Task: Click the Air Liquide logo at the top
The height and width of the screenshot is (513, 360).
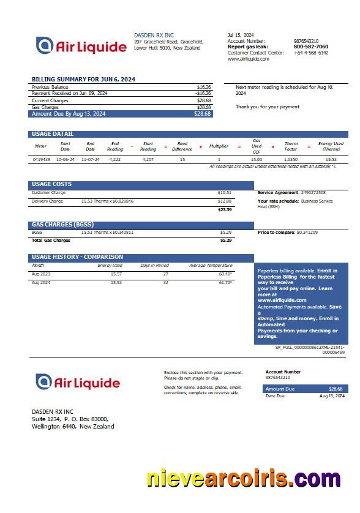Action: [81, 45]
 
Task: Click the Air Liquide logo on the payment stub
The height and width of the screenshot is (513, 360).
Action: [77, 382]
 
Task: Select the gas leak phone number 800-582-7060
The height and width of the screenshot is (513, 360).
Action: [310, 47]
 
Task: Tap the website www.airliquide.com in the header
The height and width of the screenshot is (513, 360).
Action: [249, 59]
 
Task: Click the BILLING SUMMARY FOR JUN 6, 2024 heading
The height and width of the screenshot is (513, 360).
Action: [83, 80]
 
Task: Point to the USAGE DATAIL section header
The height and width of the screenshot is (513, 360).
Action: [53, 134]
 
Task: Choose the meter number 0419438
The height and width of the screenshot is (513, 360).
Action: [41, 159]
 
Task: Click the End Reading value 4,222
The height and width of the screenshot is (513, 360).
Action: [115, 159]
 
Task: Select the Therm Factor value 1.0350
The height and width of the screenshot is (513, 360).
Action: [291, 159]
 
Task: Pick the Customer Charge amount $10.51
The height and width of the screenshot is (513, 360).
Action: [225, 193]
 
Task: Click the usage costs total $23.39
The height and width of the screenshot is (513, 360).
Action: [225, 209]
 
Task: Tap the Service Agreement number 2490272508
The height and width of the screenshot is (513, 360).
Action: [313, 193]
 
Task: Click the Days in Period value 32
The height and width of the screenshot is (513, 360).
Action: [165, 282]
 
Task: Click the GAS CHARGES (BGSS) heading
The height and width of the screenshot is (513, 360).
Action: [62, 225]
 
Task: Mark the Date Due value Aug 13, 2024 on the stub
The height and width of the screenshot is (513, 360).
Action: [332, 396]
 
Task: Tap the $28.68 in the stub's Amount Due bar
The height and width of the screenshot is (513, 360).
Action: [336, 389]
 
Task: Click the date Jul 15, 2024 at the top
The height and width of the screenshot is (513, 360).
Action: [241, 35]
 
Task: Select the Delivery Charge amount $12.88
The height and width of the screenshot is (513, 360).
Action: [225, 201]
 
